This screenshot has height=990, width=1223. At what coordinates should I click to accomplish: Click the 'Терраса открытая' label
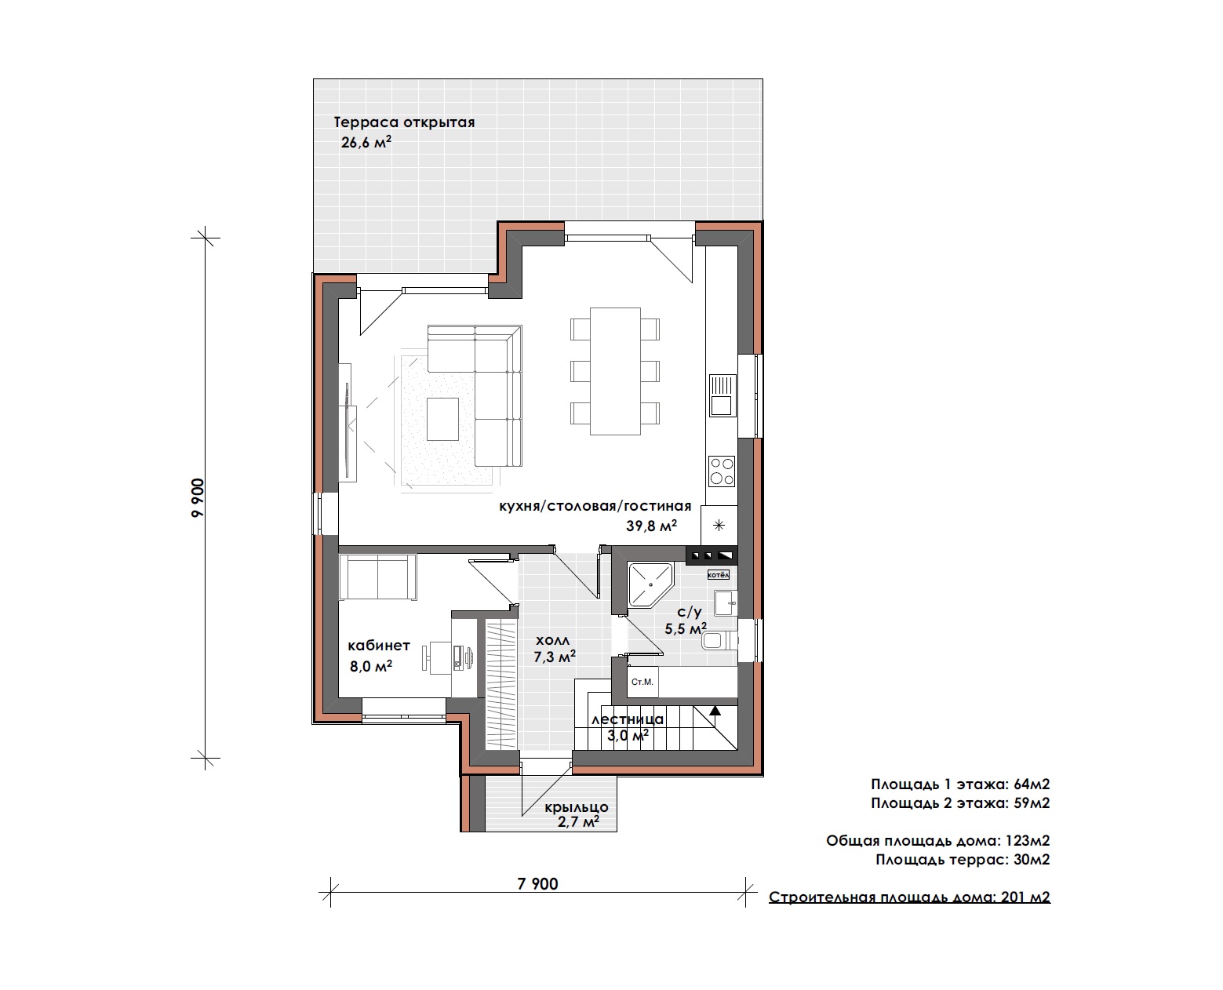pos(404,122)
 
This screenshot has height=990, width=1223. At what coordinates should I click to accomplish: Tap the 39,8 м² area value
pos(651,526)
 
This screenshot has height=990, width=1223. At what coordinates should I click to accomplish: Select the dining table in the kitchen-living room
pos(615,371)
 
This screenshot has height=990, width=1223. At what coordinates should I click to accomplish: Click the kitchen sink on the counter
pos(723,395)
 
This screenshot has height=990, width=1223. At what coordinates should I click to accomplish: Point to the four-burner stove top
pos(722,471)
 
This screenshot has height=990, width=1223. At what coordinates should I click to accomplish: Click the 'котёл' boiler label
pos(719,575)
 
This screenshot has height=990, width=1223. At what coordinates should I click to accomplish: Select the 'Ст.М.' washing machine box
pos(642,682)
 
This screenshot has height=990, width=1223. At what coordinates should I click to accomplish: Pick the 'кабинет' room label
pos(379,646)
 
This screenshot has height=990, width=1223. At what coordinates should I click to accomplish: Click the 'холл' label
pos(552,640)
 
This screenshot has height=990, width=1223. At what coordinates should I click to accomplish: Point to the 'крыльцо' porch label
pos(577,806)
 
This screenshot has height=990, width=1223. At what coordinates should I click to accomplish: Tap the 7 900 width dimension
pos(537,884)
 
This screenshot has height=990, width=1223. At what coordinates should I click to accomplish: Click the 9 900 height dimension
pos(198,498)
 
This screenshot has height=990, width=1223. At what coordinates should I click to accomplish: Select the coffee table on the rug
pos(442,419)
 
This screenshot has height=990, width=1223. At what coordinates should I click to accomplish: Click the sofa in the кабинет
pos(377,577)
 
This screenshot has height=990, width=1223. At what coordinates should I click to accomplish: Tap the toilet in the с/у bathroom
pos(719,640)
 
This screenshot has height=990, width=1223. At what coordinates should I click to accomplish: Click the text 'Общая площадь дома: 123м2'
pos(938,841)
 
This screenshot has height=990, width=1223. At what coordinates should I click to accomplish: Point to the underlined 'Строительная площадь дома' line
pos(909,897)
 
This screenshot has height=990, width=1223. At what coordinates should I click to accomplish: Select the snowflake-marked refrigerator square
pos(719,525)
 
